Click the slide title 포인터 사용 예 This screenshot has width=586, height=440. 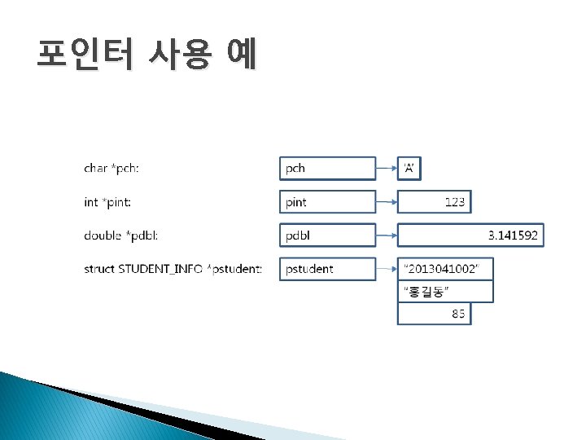point(146,55)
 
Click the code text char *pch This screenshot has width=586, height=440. point(112,169)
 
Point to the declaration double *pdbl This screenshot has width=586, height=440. point(121,235)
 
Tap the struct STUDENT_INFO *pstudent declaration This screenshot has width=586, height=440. point(173,269)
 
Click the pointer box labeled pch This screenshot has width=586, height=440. point(328,169)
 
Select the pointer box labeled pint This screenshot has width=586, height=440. point(328,202)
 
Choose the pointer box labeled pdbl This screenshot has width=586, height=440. point(328,235)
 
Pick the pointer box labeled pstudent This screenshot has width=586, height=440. point(328,269)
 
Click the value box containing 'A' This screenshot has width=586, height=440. point(409,169)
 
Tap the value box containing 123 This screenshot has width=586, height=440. point(434,202)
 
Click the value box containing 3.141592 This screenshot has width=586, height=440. point(470,235)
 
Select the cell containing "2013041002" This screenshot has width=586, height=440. point(445,269)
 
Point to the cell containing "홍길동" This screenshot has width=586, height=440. point(445,292)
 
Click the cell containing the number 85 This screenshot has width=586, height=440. point(434,314)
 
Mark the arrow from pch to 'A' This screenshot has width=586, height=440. point(387,169)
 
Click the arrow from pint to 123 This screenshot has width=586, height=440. point(387,202)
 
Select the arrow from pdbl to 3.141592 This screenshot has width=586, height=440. point(387,235)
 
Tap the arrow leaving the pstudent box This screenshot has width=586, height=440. point(387,269)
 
